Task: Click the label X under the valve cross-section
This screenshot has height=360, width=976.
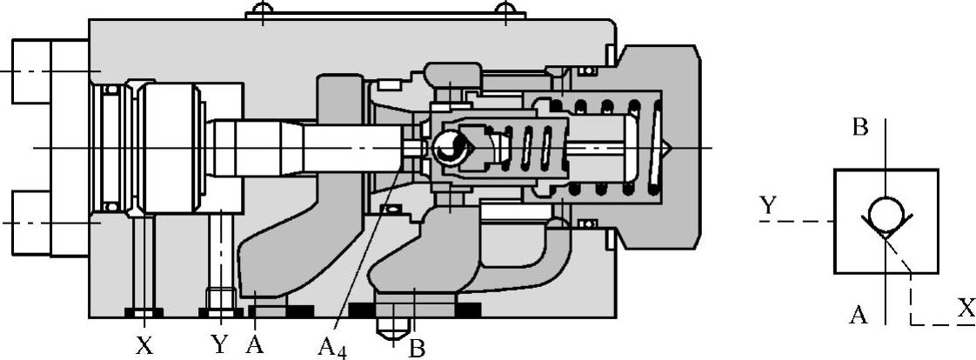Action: [x=144, y=345]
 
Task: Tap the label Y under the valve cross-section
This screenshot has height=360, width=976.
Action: [x=219, y=344]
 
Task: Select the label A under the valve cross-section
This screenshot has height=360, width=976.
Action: [x=255, y=344]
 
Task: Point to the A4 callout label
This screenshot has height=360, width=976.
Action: [x=331, y=349]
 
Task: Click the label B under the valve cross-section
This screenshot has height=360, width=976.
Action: [x=417, y=348]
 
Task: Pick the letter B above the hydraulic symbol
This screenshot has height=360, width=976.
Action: [x=860, y=128]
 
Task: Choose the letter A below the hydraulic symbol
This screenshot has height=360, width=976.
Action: [x=859, y=315]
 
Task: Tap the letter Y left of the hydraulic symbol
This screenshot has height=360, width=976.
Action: [x=767, y=206]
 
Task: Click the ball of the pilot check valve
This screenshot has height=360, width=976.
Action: [x=449, y=149]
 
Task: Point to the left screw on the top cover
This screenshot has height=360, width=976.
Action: [x=258, y=11]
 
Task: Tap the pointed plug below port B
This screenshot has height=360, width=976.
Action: [x=392, y=329]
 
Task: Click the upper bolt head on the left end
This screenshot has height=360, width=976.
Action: [x=31, y=70]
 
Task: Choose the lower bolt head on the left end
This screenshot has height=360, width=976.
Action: [x=31, y=223]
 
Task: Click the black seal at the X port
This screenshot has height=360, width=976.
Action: [x=144, y=312]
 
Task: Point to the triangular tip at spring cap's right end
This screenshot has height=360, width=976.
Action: [x=670, y=149]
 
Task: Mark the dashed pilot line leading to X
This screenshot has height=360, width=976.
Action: [x=911, y=296]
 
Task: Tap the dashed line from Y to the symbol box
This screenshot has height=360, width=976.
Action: [x=796, y=222]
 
